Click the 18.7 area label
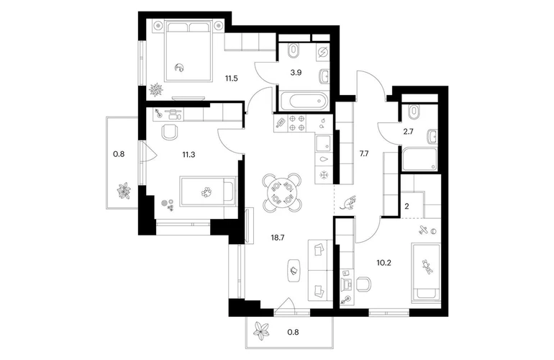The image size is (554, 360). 278,238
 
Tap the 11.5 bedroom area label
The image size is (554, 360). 232,78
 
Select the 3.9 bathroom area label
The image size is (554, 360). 296,73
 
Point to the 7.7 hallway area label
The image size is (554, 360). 364,154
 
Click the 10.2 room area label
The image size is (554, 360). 383,263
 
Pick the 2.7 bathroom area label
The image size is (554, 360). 408,132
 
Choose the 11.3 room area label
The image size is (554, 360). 189,154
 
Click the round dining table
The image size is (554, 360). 282,193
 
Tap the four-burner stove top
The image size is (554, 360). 296,122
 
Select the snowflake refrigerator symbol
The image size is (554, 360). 323,175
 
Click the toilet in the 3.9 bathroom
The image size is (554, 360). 293,50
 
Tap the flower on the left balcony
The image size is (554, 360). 124,191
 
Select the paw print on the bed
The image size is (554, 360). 206,192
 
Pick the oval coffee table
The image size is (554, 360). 294,271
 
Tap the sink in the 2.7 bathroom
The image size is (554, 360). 432,137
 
